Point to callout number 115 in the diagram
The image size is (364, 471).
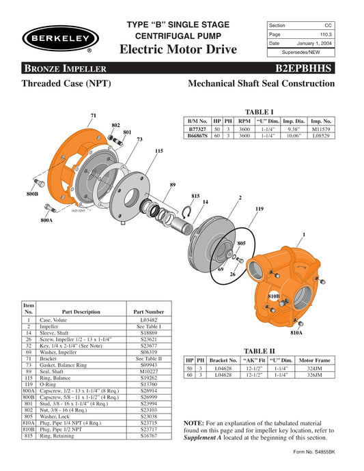[158, 151]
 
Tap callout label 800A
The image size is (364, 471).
[46, 220]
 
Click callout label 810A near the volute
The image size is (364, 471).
[296, 333]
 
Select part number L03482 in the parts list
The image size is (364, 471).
[149, 319]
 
